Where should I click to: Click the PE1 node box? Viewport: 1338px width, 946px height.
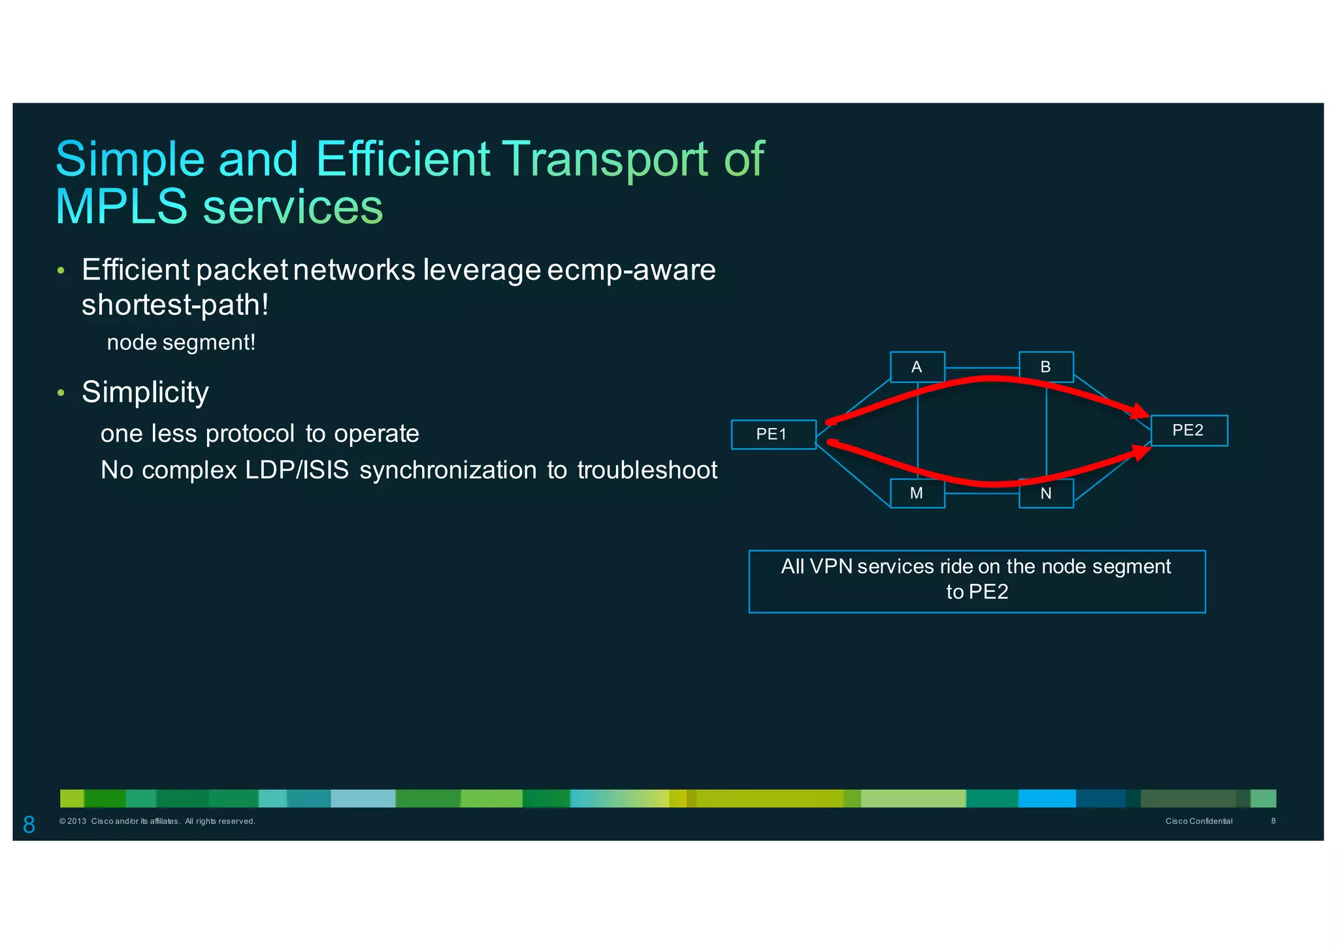click(x=774, y=434)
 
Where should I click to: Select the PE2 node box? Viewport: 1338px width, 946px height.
click(x=1188, y=431)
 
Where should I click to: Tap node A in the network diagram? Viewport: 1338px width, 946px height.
click(x=917, y=367)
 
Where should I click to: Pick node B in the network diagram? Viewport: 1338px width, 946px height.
click(x=1046, y=367)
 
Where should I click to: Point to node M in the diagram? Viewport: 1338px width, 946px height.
click(x=917, y=493)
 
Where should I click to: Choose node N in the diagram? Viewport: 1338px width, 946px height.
click(x=1046, y=493)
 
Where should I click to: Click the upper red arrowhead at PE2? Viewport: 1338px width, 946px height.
click(x=1140, y=412)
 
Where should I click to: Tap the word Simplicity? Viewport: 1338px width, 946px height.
click(x=145, y=393)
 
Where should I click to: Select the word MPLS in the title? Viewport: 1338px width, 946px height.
click(x=122, y=207)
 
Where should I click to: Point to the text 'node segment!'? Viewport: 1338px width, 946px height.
click(x=181, y=342)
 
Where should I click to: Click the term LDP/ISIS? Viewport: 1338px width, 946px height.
click(x=297, y=470)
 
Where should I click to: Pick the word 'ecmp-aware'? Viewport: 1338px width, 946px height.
click(x=631, y=270)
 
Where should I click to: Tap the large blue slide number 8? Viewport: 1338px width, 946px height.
click(x=29, y=824)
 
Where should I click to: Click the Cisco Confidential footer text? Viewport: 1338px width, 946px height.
click(x=1199, y=821)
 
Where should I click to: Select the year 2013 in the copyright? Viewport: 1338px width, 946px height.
click(x=76, y=821)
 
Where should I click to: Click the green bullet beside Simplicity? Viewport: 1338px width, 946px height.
click(x=61, y=393)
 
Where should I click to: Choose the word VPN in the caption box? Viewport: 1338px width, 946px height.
click(x=830, y=566)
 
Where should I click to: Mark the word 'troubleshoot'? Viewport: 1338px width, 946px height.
click(x=647, y=470)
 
